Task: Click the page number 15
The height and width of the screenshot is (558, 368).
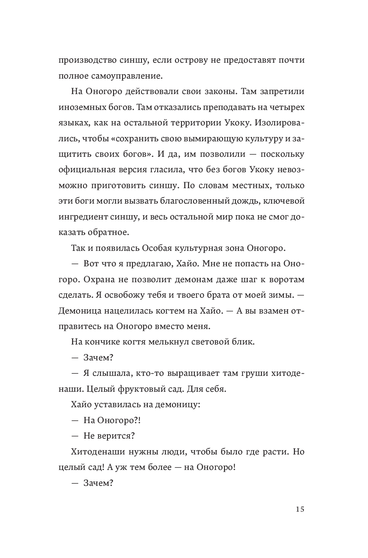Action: [x=300, y=509]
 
